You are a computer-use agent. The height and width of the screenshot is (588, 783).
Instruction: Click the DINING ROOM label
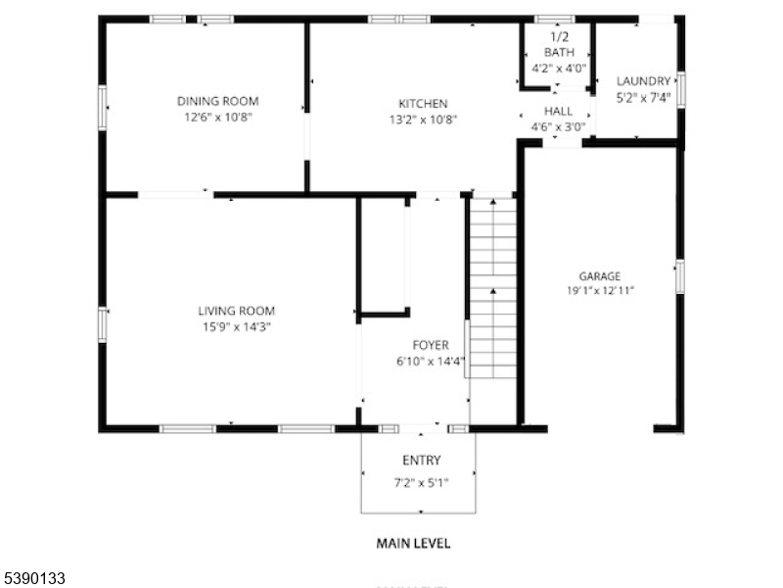click(217, 101)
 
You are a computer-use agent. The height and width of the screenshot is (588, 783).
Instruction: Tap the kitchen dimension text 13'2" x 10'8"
click(423, 120)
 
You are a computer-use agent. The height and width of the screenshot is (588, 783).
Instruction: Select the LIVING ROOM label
click(236, 311)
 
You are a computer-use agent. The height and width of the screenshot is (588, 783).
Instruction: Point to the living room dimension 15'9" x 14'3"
click(236, 327)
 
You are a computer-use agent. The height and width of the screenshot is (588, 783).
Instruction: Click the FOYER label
click(431, 345)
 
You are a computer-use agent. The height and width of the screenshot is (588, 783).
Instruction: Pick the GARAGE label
click(600, 276)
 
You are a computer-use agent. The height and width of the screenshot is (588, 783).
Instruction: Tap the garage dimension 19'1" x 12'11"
click(600, 290)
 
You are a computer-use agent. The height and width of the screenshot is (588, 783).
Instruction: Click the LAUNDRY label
click(643, 81)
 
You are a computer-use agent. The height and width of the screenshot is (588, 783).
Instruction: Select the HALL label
click(558, 111)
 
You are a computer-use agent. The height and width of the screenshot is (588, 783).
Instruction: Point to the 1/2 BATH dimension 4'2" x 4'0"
click(559, 68)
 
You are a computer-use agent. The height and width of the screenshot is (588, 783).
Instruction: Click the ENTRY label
click(422, 460)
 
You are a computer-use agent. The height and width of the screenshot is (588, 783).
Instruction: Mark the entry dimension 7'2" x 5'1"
click(422, 483)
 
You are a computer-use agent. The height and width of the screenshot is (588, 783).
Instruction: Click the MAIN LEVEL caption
click(413, 544)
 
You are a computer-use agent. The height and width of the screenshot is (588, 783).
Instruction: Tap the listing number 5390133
click(33, 578)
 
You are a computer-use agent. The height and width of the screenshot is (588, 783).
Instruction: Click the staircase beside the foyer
click(493, 287)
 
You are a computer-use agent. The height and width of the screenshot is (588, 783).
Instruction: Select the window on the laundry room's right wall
click(680, 89)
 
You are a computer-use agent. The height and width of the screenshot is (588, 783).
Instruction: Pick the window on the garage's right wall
click(680, 276)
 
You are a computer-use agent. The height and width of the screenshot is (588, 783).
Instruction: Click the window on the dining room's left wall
click(103, 108)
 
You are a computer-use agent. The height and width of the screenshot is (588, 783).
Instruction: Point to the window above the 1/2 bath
click(554, 20)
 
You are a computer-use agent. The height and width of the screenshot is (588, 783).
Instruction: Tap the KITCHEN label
click(423, 104)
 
